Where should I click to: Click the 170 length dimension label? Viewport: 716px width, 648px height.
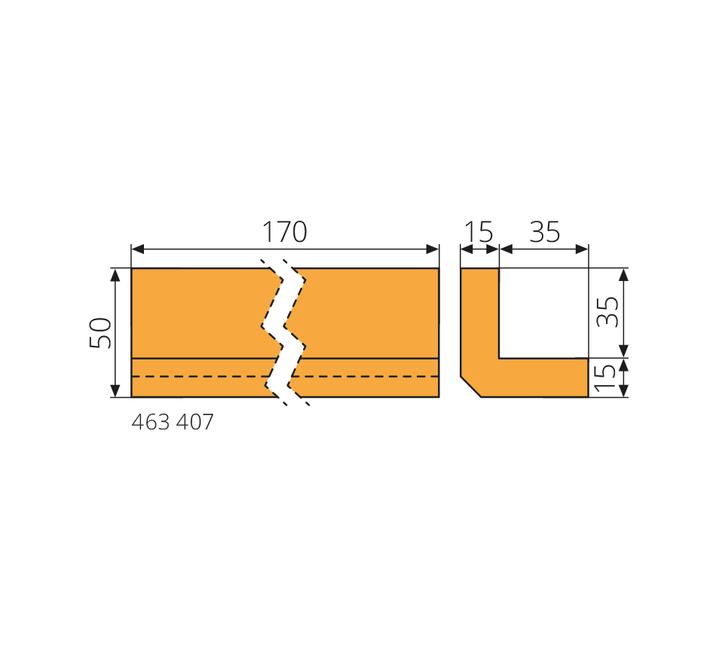[284, 232]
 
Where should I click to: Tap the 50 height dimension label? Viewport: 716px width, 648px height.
[100, 333]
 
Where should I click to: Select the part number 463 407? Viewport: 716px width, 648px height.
[172, 423]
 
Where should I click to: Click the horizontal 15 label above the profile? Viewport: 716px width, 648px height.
[479, 232]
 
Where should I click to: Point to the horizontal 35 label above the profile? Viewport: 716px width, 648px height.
[544, 232]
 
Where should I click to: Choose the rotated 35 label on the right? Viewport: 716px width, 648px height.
[607, 312]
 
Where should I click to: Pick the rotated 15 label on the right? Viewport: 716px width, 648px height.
[605, 377]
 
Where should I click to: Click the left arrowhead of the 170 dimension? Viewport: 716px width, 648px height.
[137, 249]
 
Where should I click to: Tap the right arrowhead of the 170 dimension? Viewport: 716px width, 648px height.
[433, 249]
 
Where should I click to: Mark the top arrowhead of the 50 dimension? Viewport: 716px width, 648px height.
[115, 275]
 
